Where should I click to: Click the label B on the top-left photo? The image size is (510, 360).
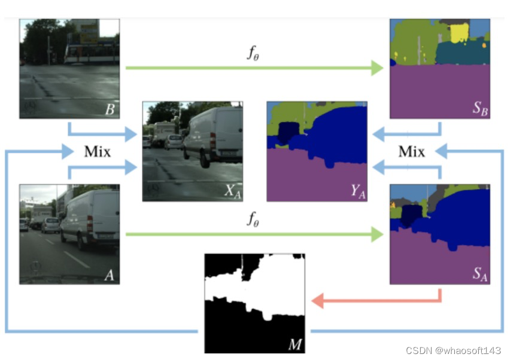[110, 109]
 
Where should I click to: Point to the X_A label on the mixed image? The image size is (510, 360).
[231, 191]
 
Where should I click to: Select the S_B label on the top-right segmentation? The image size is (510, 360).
[479, 109]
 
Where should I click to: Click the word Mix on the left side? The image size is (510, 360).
[97, 151]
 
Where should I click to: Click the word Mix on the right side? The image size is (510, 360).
[412, 151]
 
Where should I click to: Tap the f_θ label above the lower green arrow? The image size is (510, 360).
[253, 219]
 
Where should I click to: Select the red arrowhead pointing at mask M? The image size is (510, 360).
[318, 301]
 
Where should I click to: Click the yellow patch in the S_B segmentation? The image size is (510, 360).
[459, 32]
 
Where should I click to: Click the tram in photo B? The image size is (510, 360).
[90, 53]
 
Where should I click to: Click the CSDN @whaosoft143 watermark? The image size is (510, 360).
[453, 350]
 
